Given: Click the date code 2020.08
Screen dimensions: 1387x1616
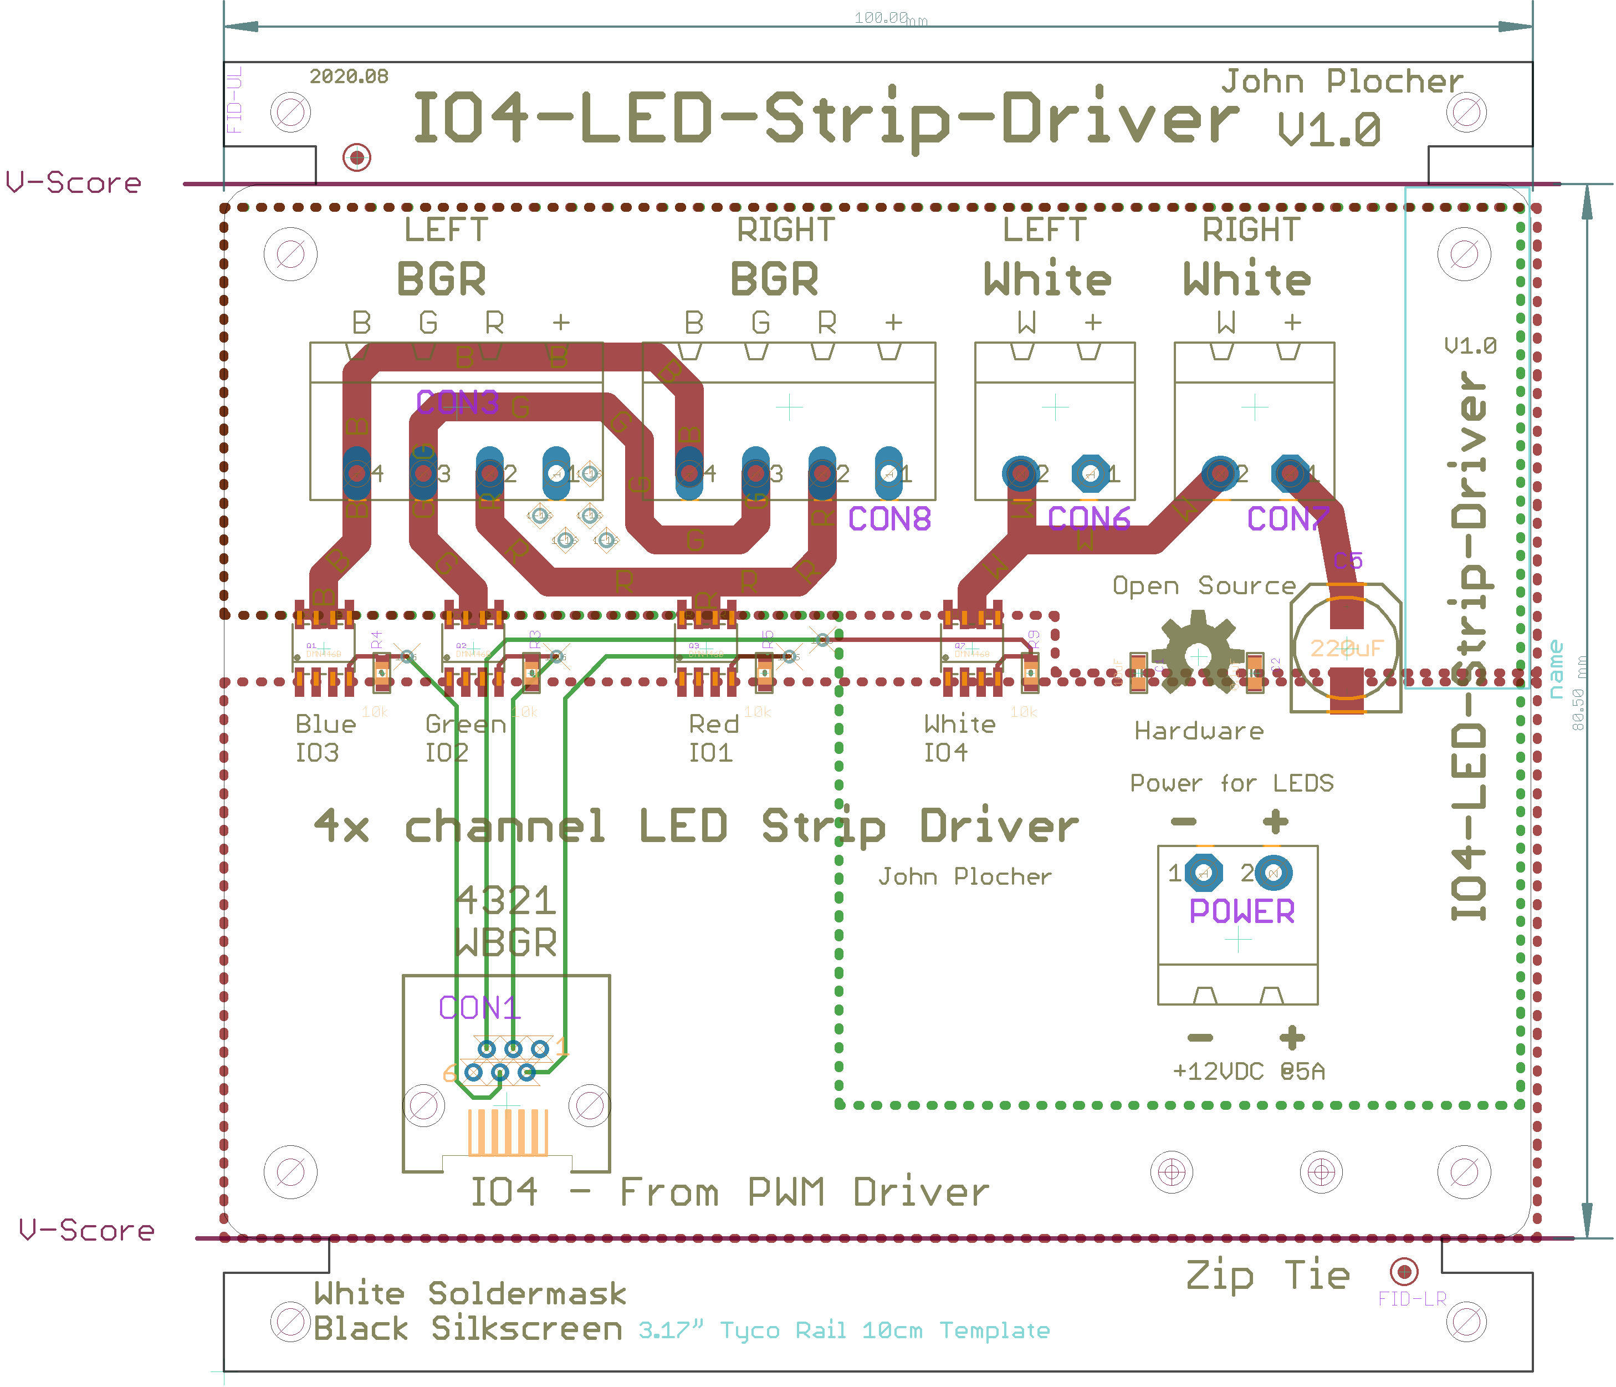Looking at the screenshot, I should (349, 77).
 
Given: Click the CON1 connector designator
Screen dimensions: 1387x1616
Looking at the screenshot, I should (478, 1008).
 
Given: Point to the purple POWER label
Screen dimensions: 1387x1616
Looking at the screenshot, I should (1241, 911).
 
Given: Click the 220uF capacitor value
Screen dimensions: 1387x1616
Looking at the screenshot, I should (1346, 648).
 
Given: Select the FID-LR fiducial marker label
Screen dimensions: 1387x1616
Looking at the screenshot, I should (1412, 1299).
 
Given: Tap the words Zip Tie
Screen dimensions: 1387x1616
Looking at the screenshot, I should (1267, 1276).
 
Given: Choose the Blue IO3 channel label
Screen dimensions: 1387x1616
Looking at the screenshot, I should (325, 738).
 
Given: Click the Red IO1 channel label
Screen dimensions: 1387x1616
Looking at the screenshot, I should (713, 738).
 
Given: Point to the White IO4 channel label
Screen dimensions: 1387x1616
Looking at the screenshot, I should (959, 738).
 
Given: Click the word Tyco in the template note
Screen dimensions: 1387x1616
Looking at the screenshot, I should (749, 1331).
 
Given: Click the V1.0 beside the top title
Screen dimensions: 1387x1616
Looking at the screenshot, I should (1329, 130).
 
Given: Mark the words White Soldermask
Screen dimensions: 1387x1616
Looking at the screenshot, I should (469, 1294).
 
